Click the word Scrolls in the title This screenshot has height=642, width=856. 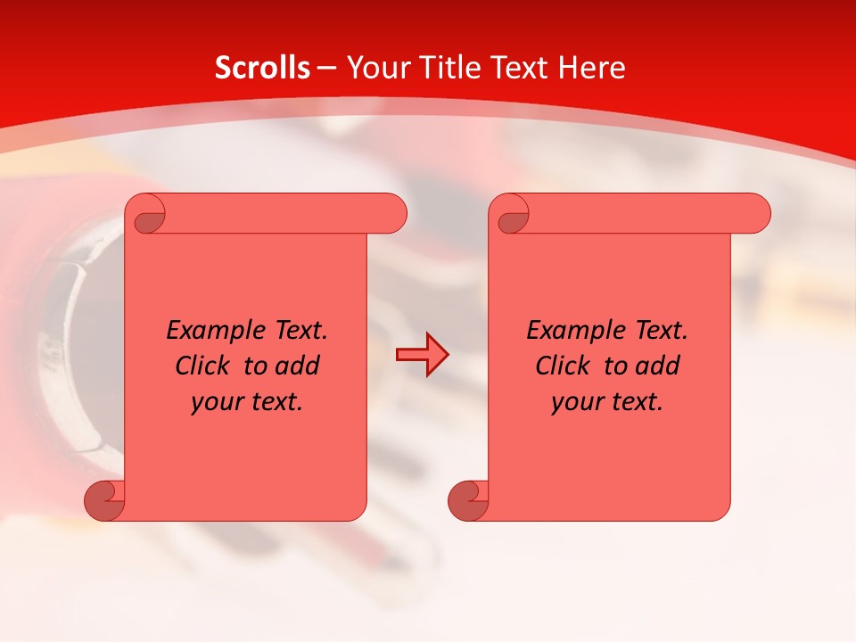tap(262, 68)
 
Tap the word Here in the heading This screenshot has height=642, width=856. tap(591, 68)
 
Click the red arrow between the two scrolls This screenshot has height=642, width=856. tap(422, 355)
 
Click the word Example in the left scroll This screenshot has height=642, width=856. tap(210, 331)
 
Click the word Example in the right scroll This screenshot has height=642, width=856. tap(571, 331)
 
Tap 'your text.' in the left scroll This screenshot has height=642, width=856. tap(247, 402)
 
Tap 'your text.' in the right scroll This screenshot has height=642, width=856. tap(607, 402)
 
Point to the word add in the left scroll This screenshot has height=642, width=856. tap(299, 366)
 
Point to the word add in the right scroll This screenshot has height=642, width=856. tap(659, 366)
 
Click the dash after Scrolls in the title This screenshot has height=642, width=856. tap(327, 69)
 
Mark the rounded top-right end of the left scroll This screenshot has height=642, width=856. tap(392, 214)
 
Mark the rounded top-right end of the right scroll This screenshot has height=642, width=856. tap(756, 214)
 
